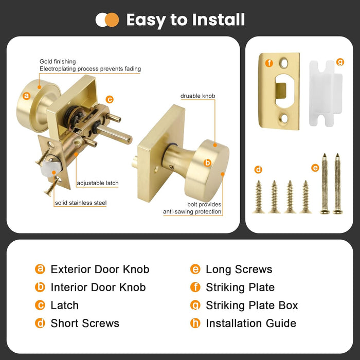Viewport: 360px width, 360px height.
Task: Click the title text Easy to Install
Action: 185,20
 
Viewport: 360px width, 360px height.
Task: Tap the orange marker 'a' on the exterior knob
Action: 27,96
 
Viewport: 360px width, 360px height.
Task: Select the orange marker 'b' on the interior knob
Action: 208,163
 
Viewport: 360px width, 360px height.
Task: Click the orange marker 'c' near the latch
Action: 110,100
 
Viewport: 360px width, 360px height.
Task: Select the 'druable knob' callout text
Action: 197,96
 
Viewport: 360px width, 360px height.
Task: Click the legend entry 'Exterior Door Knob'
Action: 100,269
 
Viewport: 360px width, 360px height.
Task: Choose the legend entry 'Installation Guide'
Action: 251,323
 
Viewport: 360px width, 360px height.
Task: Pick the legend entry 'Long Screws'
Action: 239,269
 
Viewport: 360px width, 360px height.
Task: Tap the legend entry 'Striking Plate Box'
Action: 251,305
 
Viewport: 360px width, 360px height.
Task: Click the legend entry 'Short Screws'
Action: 85,323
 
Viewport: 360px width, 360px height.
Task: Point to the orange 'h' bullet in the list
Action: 195,323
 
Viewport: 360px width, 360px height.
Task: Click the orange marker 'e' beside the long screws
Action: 315,167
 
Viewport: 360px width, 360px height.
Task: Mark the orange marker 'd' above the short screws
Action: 259,169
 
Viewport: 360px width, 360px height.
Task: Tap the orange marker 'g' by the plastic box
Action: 340,62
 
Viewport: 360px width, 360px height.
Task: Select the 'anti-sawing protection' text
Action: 192,211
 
